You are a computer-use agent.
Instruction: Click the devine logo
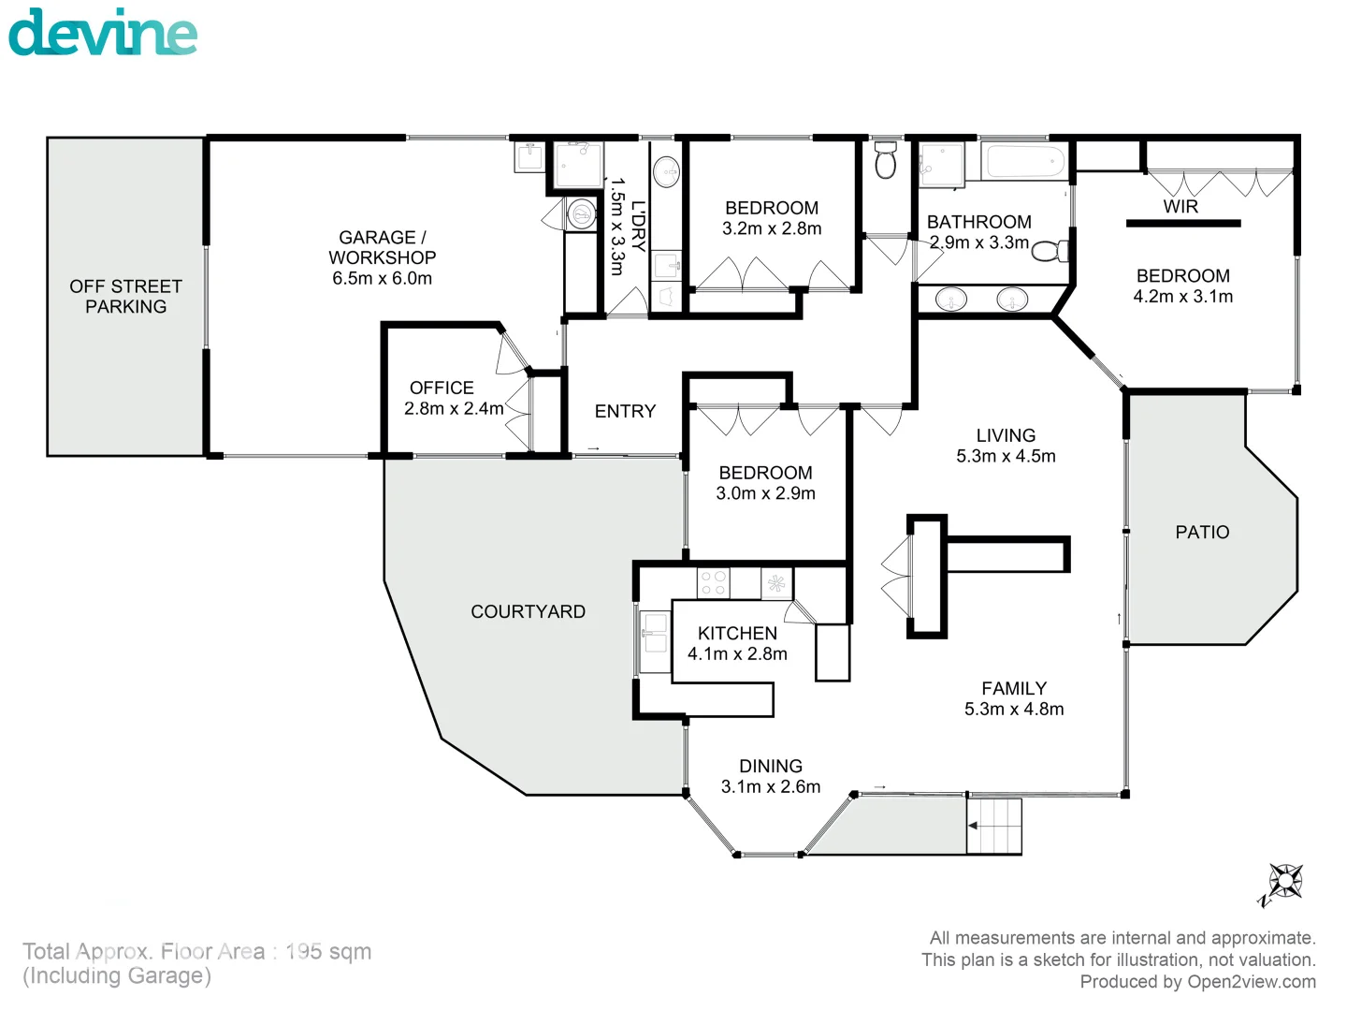(103, 33)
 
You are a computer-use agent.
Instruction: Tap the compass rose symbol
(1285, 881)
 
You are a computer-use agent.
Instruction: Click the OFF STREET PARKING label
(125, 296)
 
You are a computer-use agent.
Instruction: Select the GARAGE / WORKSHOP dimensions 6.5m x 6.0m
(382, 278)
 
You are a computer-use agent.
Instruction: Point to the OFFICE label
(442, 388)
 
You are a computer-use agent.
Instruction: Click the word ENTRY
(625, 411)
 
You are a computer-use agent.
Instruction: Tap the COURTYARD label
(528, 611)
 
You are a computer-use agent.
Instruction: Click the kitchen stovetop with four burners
(714, 583)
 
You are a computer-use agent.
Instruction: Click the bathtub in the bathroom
(1025, 162)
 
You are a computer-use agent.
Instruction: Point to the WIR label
(1180, 207)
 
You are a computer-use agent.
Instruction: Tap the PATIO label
(1202, 532)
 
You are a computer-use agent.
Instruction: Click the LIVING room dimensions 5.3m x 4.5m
(1006, 457)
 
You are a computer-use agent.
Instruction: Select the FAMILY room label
(1014, 688)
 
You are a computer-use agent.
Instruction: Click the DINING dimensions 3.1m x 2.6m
(771, 787)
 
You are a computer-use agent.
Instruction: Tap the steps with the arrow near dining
(993, 826)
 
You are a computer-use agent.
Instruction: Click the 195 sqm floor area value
(328, 951)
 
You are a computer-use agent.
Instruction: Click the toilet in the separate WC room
(885, 163)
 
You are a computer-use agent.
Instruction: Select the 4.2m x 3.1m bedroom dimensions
(1182, 297)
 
